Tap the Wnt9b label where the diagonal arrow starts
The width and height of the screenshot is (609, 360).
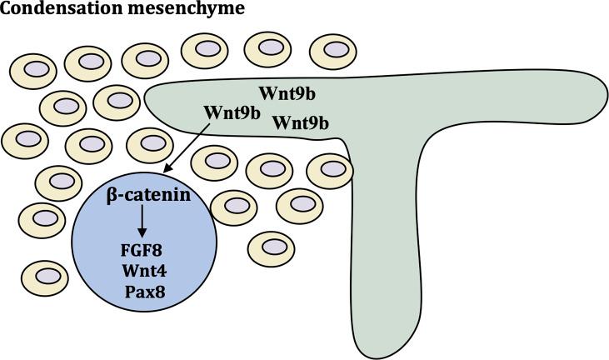(232, 111)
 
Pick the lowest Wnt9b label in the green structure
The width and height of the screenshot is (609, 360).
(301, 122)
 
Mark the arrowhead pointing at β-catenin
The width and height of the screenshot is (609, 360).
(167, 171)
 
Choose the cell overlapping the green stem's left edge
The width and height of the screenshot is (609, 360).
(330, 170)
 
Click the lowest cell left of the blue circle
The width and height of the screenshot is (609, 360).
(45, 277)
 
